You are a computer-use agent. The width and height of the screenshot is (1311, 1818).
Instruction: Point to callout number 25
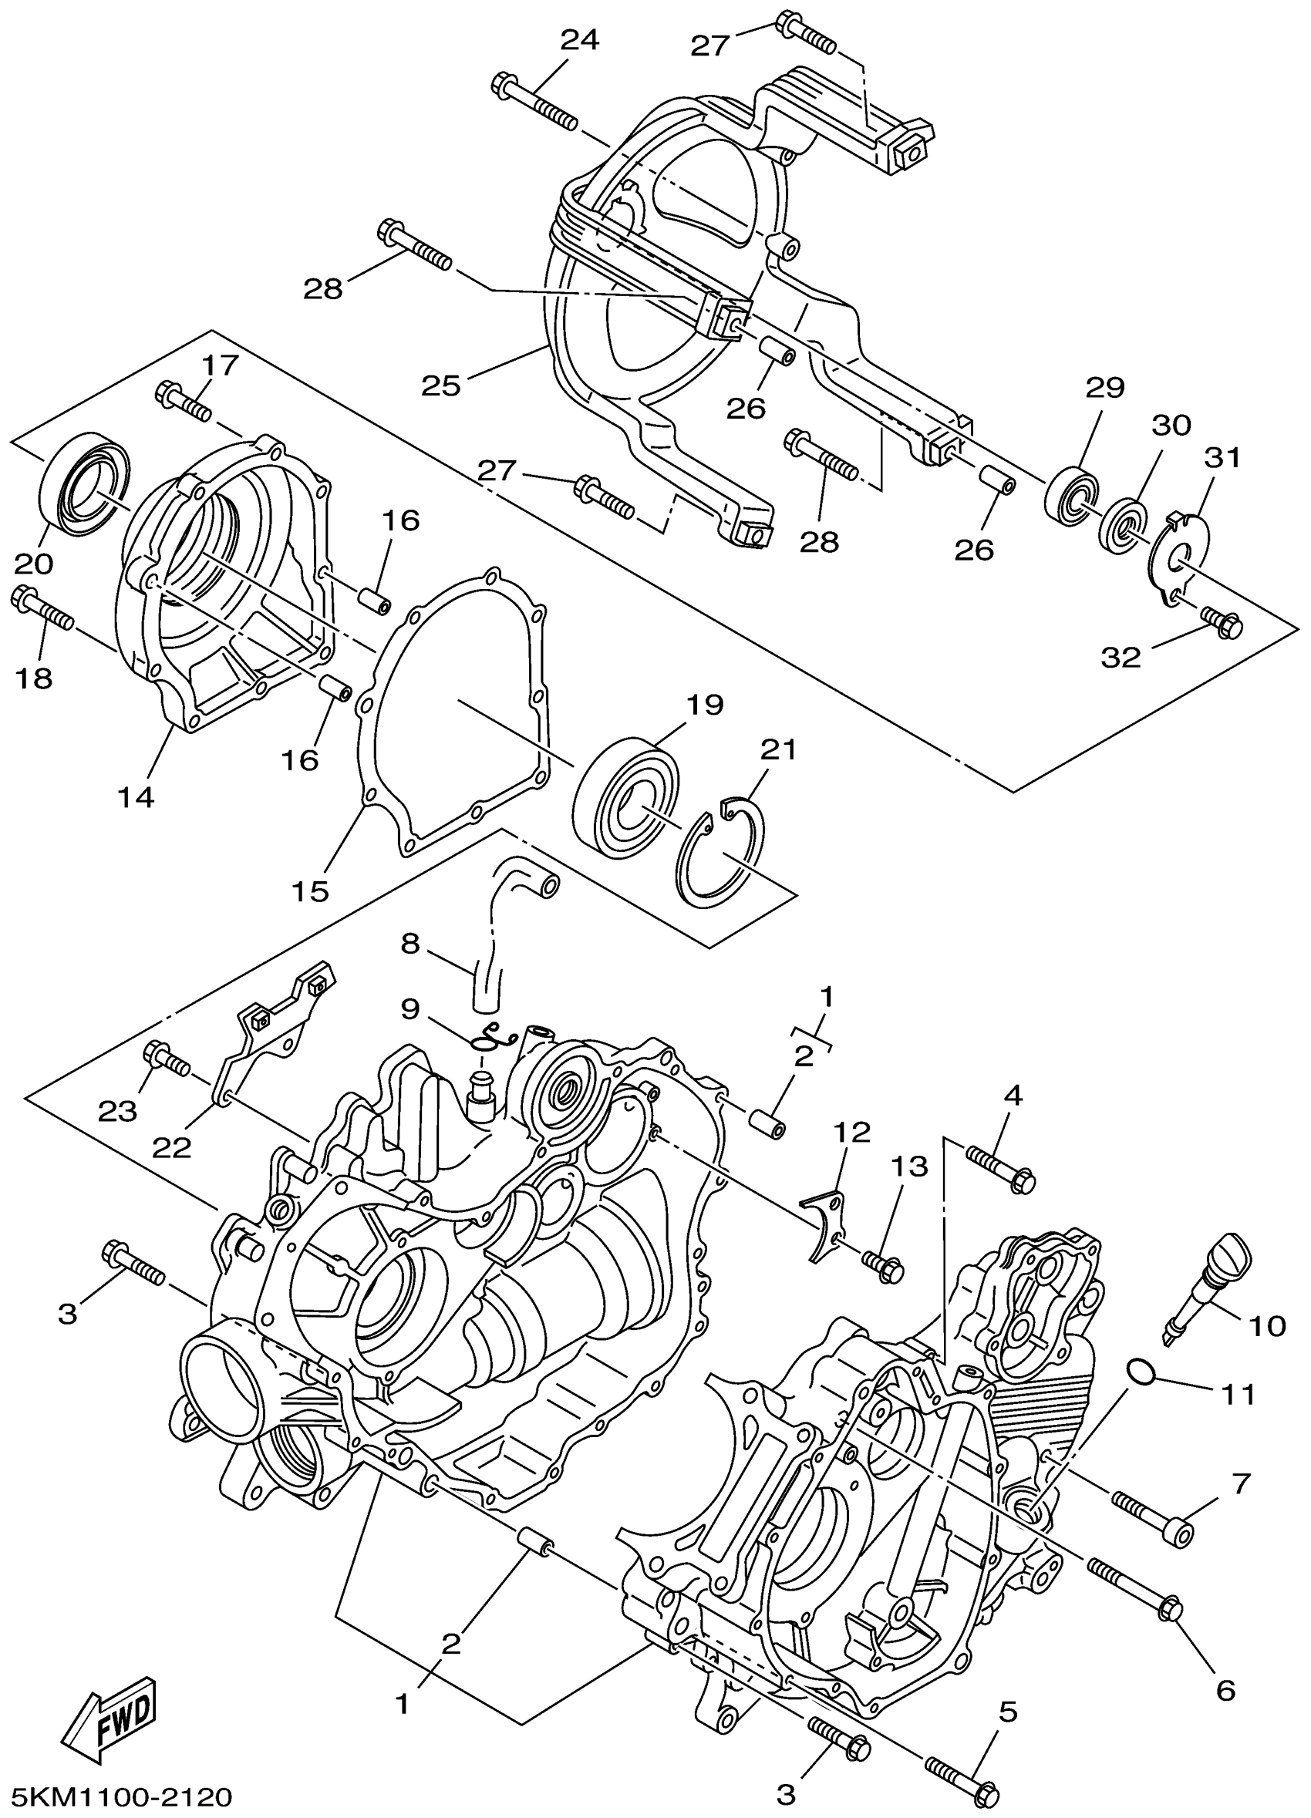coord(442,386)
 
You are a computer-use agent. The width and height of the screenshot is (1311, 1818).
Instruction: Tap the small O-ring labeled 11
coord(1139,1372)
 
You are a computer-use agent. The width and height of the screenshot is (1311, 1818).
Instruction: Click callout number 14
coord(136,797)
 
